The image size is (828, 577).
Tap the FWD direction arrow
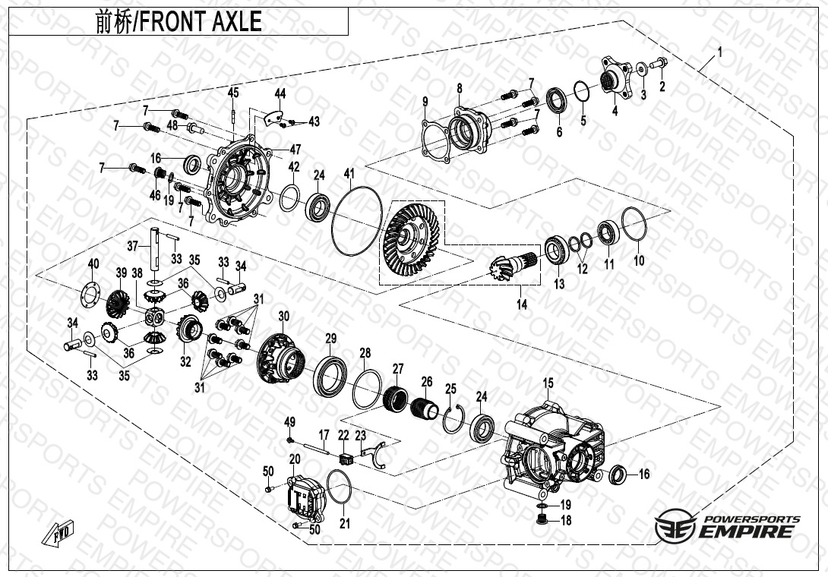58,533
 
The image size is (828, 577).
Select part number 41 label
349,174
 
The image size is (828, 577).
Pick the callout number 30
284,317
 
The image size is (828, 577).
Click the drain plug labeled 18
541,520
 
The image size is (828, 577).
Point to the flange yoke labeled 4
616,78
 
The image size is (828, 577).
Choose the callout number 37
132,246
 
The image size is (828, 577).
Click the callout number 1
719,52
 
